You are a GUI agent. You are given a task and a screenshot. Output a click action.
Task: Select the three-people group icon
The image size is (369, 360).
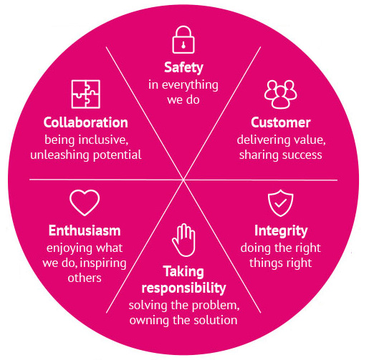point(281,94)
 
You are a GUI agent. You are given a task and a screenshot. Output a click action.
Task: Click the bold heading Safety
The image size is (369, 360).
point(183,68)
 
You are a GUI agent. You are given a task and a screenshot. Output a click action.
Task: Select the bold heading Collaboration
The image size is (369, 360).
point(86,122)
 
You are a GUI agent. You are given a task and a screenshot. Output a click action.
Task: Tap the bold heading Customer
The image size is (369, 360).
point(281,122)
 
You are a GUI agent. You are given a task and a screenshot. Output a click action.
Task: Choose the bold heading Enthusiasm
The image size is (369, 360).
point(85,230)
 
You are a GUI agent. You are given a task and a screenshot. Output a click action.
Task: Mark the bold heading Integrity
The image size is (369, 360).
point(281,231)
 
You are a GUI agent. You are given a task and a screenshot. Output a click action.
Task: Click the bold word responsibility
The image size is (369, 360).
point(183,288)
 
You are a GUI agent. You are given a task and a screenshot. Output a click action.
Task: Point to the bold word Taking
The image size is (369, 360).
point(183,272)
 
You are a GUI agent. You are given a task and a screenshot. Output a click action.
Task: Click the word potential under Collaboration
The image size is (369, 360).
point(118,155)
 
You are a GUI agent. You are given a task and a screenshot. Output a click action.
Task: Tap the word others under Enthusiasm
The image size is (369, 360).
point(85,278)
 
